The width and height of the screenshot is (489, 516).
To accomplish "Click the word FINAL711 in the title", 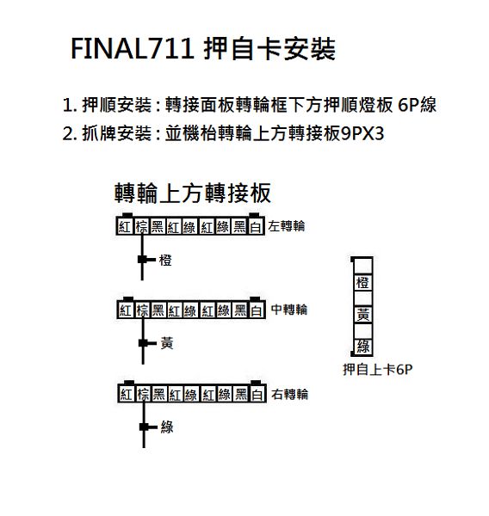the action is pos(133,49).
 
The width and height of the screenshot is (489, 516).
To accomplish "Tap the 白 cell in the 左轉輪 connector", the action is pos(256,227).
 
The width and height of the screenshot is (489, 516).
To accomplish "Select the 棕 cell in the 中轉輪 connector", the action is pos(143,310).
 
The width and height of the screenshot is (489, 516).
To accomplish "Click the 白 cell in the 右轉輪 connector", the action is pos(257,394).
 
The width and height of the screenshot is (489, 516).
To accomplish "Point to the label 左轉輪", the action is pos(286,226).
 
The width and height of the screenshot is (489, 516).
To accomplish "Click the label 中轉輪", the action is pos(289,310).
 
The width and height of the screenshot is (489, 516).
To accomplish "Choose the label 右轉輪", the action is pos(289,394).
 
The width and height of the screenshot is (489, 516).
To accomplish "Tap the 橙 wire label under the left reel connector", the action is pos(165,260).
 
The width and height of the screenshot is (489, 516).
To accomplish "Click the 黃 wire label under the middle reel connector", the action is pos(167,343).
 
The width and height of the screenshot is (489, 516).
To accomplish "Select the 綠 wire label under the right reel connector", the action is pos(167,427).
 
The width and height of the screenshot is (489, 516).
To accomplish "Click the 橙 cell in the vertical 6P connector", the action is pos(362,283).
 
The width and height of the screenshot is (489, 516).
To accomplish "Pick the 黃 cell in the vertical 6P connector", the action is pos(362,315).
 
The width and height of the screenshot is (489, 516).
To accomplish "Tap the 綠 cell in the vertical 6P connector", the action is pos(363,347).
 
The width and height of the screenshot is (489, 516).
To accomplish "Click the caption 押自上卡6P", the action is pos(378,369).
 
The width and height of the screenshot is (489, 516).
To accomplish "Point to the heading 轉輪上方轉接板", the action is pos(193,193).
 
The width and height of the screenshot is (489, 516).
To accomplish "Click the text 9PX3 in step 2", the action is pos(362,134).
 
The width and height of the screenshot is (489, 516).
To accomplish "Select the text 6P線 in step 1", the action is pos(418,105).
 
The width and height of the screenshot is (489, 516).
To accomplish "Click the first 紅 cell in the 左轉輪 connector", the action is pos(125,227).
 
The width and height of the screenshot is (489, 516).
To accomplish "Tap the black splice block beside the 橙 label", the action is pos(142,260).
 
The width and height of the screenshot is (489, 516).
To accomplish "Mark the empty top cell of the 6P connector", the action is pos(362,266).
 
